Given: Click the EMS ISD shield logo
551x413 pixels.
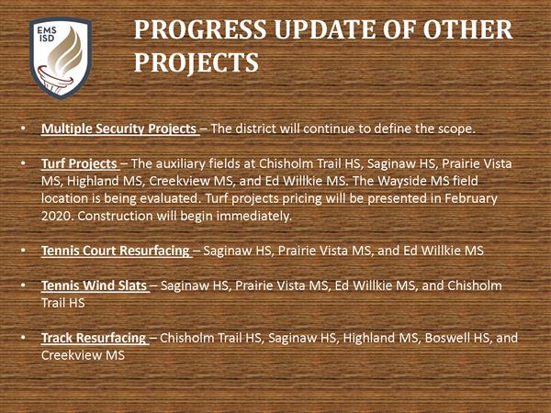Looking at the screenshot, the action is (61, 59).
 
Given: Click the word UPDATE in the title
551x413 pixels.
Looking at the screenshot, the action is (325, 29).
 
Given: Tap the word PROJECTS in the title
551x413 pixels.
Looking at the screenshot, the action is (197, 63).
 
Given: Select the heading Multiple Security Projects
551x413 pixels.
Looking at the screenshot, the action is (118, 128).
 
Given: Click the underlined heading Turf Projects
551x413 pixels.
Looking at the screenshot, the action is (79, 163).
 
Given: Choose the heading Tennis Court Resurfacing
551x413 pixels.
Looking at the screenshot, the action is (116, 251).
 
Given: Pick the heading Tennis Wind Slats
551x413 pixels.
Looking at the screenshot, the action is (94, 285).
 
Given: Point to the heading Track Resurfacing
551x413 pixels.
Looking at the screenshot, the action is (94, 338).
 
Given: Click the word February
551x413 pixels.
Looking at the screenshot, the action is (471, 198).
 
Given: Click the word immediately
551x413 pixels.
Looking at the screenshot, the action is (254, 216).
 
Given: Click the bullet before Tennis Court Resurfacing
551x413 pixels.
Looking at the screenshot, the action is (23, 251).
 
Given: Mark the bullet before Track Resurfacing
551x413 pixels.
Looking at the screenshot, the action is (23, 338).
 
